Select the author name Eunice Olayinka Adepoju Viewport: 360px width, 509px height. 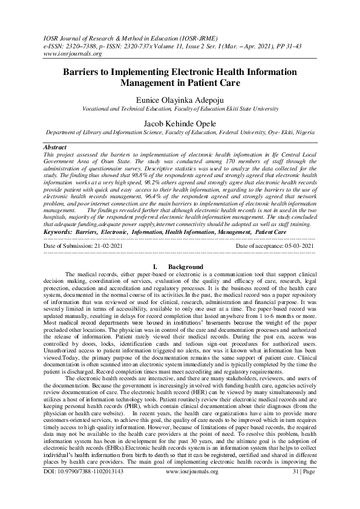pos(180,98)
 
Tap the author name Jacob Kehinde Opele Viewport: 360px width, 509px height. pos(180,123)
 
